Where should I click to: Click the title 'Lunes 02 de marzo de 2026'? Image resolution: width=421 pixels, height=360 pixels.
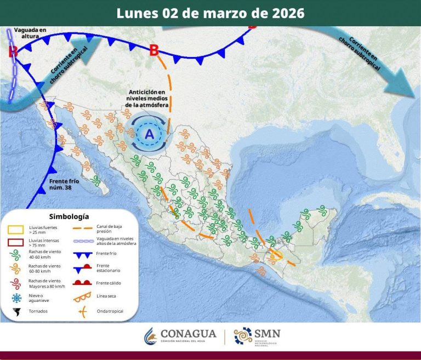[x=210, y=13]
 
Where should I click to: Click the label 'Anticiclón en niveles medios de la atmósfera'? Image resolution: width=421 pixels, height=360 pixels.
[x=146, y=98]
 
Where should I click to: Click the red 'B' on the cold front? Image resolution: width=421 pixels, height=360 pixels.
[x=154, y=50]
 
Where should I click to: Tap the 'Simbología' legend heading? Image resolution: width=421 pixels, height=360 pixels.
[x=69, y=216]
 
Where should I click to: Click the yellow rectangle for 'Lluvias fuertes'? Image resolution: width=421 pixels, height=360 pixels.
[x=16, y=228]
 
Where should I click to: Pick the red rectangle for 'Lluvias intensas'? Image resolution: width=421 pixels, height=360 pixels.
[x=16, y=242]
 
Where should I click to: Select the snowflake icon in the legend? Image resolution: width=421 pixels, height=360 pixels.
[x=16, y=298]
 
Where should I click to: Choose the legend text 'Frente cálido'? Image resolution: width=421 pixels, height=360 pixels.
[x=109, y=283]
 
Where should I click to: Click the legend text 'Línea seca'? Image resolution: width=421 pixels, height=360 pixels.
[x=106, y=296]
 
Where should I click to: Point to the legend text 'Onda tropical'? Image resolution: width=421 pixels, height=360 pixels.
[x=110, y=311]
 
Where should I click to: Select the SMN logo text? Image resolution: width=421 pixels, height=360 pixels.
[x=266, y=335]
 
